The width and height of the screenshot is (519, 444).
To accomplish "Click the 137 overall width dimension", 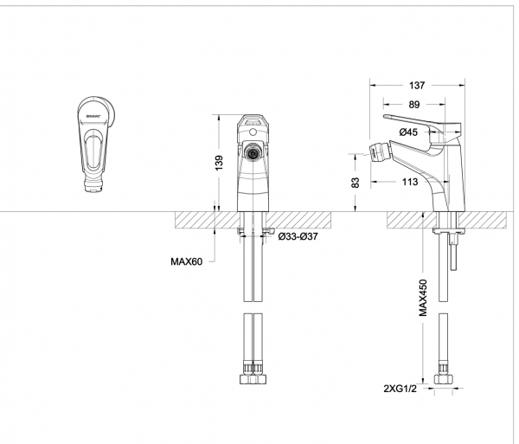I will point(417,85).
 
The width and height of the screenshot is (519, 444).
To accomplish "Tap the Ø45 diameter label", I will point(409,132).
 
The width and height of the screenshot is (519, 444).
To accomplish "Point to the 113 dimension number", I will point(409,182).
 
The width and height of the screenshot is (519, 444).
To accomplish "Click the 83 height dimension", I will point(355,183).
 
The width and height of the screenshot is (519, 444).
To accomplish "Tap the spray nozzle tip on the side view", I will point(377,155).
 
